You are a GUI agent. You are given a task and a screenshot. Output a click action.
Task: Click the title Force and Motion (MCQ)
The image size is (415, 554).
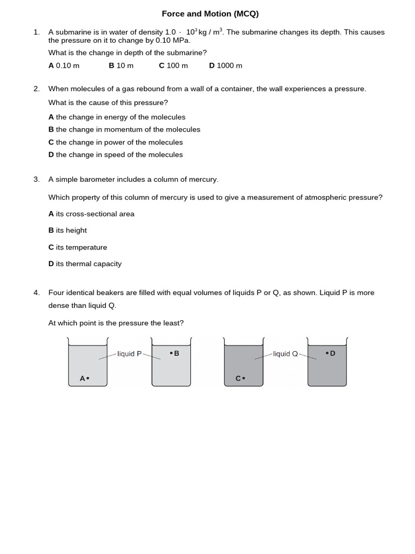210,14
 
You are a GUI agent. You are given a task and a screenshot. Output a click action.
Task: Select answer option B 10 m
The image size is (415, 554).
121,65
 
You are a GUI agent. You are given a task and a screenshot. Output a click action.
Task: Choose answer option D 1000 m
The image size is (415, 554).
225,65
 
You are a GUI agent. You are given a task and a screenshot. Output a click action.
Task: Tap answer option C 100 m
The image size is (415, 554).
173,65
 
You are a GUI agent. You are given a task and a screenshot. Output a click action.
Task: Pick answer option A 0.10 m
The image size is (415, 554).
64,65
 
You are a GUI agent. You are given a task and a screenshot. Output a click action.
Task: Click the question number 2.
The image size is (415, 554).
36,89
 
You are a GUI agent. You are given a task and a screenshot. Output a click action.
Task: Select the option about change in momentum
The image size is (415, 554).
124,129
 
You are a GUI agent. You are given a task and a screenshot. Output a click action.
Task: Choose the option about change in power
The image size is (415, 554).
116,142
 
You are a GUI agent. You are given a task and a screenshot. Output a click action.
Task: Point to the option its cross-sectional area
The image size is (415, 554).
91,214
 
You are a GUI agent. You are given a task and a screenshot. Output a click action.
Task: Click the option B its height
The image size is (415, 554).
68,230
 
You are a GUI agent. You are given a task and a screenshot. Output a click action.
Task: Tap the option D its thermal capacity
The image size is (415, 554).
85,264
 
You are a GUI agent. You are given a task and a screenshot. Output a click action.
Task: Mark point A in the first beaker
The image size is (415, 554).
88,379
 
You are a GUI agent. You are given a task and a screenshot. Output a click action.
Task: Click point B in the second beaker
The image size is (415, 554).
171,353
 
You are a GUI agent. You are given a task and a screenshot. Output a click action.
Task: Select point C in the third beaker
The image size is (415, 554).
244,379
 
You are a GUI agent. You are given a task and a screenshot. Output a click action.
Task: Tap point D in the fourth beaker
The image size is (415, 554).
327,353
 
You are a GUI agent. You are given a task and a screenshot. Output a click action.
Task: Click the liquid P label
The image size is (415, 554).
130,354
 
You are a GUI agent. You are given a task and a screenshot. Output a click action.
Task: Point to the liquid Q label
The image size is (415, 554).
285,354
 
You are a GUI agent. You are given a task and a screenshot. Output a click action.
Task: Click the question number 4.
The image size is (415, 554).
36,293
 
